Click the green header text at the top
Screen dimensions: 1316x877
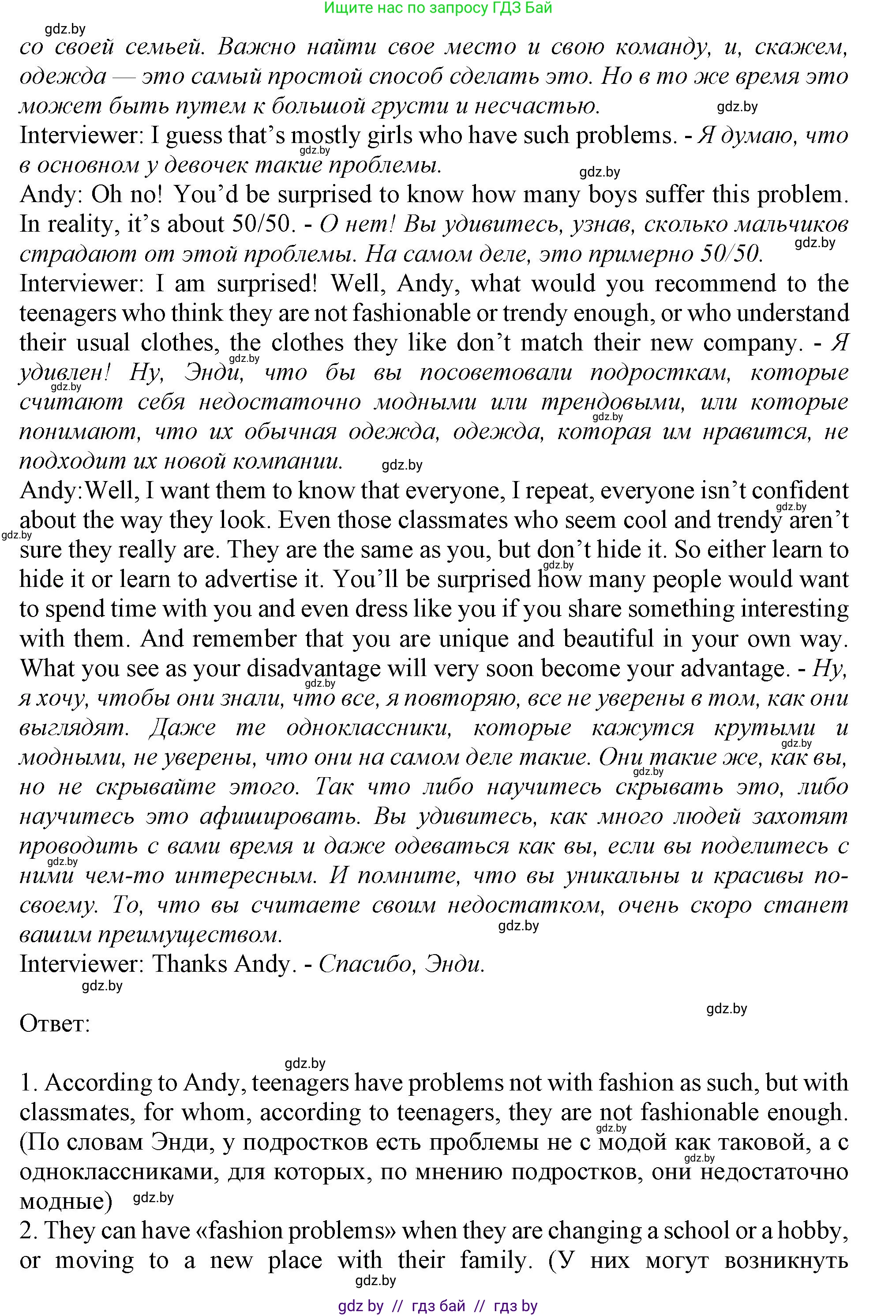pos(438,8)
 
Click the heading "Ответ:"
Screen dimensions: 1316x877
pos(55,1024)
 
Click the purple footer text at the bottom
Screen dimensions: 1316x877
pos(438,1306)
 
